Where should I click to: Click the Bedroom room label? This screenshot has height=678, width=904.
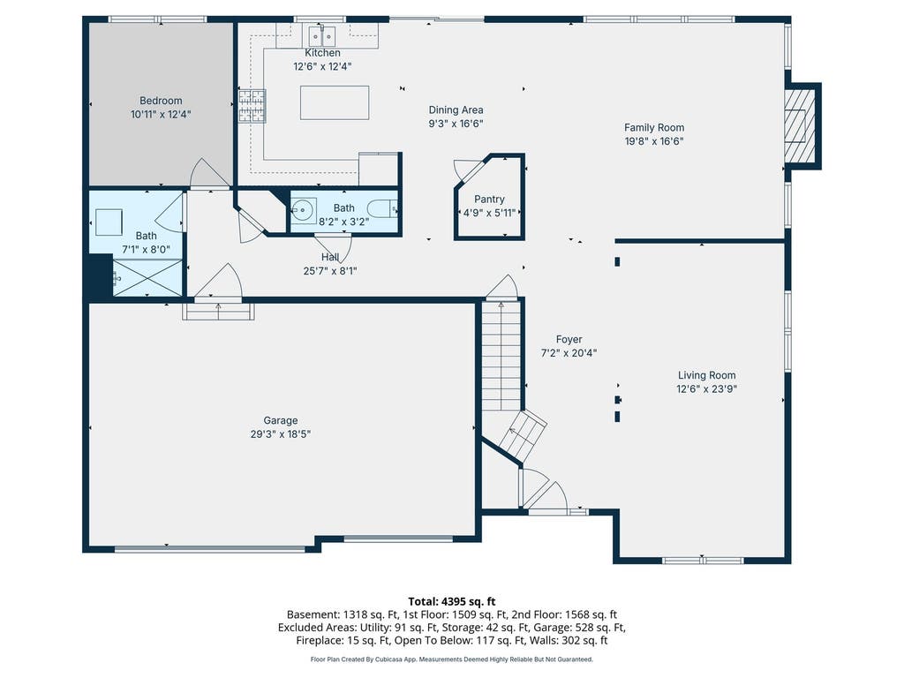tap(161, 101)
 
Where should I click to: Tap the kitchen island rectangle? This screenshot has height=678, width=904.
tap(335, 102)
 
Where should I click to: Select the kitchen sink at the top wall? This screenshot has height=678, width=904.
tap(322, 35)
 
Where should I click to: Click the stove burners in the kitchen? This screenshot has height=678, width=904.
tap(252, 106)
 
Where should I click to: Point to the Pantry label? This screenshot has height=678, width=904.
tap(489, 200)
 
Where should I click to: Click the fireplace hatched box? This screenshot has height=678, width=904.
tap(798, 125)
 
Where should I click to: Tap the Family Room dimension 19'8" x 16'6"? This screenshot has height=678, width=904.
tap(654, 141)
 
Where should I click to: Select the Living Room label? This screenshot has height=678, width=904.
tap(707, 375)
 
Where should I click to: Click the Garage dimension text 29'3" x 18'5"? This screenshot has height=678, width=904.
tap(281, 434)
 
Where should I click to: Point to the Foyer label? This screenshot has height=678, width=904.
tap(569, 340)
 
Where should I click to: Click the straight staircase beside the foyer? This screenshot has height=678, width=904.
tap(501, 356)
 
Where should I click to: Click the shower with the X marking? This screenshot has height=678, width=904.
tap(147, 278)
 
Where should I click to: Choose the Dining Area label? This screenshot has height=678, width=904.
tap(456, 110)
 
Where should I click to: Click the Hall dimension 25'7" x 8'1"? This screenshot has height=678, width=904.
tap(330, 271)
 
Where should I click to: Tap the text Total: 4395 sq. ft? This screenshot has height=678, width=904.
tap(452, 601)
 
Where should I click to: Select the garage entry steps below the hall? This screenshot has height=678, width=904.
tap(219, 312)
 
